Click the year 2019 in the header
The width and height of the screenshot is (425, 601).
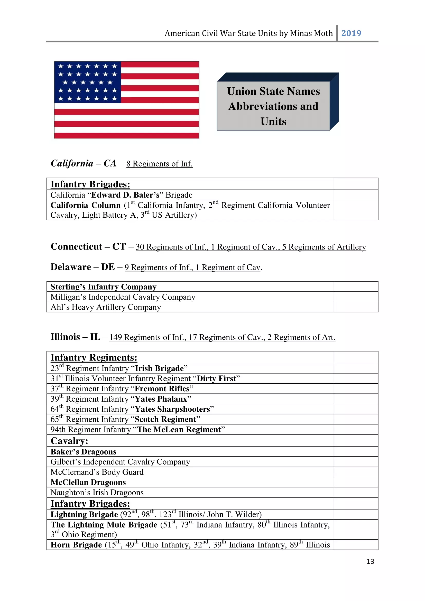point(351,33)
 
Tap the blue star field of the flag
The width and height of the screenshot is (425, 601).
point(87,82)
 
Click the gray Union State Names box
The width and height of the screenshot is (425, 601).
point(273,106)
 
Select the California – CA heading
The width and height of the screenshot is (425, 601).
point(83,163)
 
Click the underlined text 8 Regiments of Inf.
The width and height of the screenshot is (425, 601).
point(159,164)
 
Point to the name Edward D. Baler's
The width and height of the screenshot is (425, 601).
point(125,195)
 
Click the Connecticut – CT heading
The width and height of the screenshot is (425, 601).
point(88,247)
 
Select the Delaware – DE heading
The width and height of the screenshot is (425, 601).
point(82,267)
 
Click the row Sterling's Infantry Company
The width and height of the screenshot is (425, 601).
point(103,287)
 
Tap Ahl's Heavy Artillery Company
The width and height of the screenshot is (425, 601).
point(105,307)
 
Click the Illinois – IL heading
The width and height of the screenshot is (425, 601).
point(75,337)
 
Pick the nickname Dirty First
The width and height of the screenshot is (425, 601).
point(216,378)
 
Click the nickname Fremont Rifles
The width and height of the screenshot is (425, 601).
point(162,389)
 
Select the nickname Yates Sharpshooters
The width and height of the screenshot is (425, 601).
point(172,409)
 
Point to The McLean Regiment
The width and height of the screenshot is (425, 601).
point(179,430)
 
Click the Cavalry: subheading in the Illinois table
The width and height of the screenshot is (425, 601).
point(69,441)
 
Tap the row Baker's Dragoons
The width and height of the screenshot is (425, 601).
point(83,452)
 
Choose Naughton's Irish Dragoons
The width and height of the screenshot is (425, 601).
point(97,493)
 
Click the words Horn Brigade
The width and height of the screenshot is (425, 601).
point(76,545)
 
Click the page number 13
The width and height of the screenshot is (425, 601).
point(370,561)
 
